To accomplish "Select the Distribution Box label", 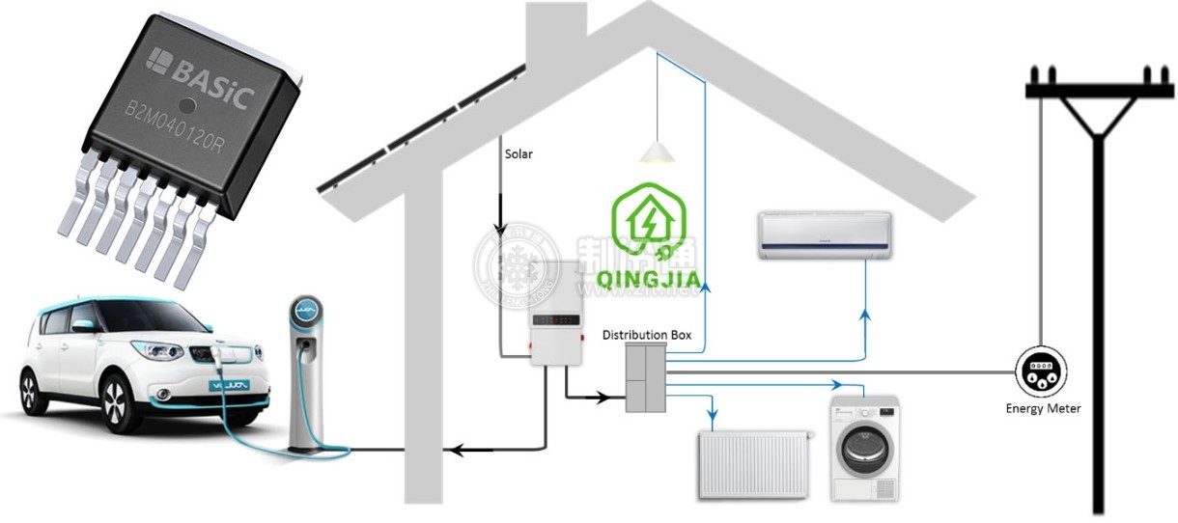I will pyautogui.click(x=647, y=335).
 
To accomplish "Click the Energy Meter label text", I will pyautogui.click(x=1043, y=409).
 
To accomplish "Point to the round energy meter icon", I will pyautogui.click(x=1041, y=371).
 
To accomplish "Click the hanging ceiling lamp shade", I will pyautogui.click(x=656, y=151).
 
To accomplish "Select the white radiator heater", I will pyautogui.click(x=756, y=464).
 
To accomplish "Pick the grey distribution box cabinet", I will pyautogui.click(x=645, y=377).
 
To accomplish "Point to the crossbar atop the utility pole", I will pyautogui.click(x=1098, y=90).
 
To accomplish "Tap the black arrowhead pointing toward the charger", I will pyautogui.click(x=461, y=449).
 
